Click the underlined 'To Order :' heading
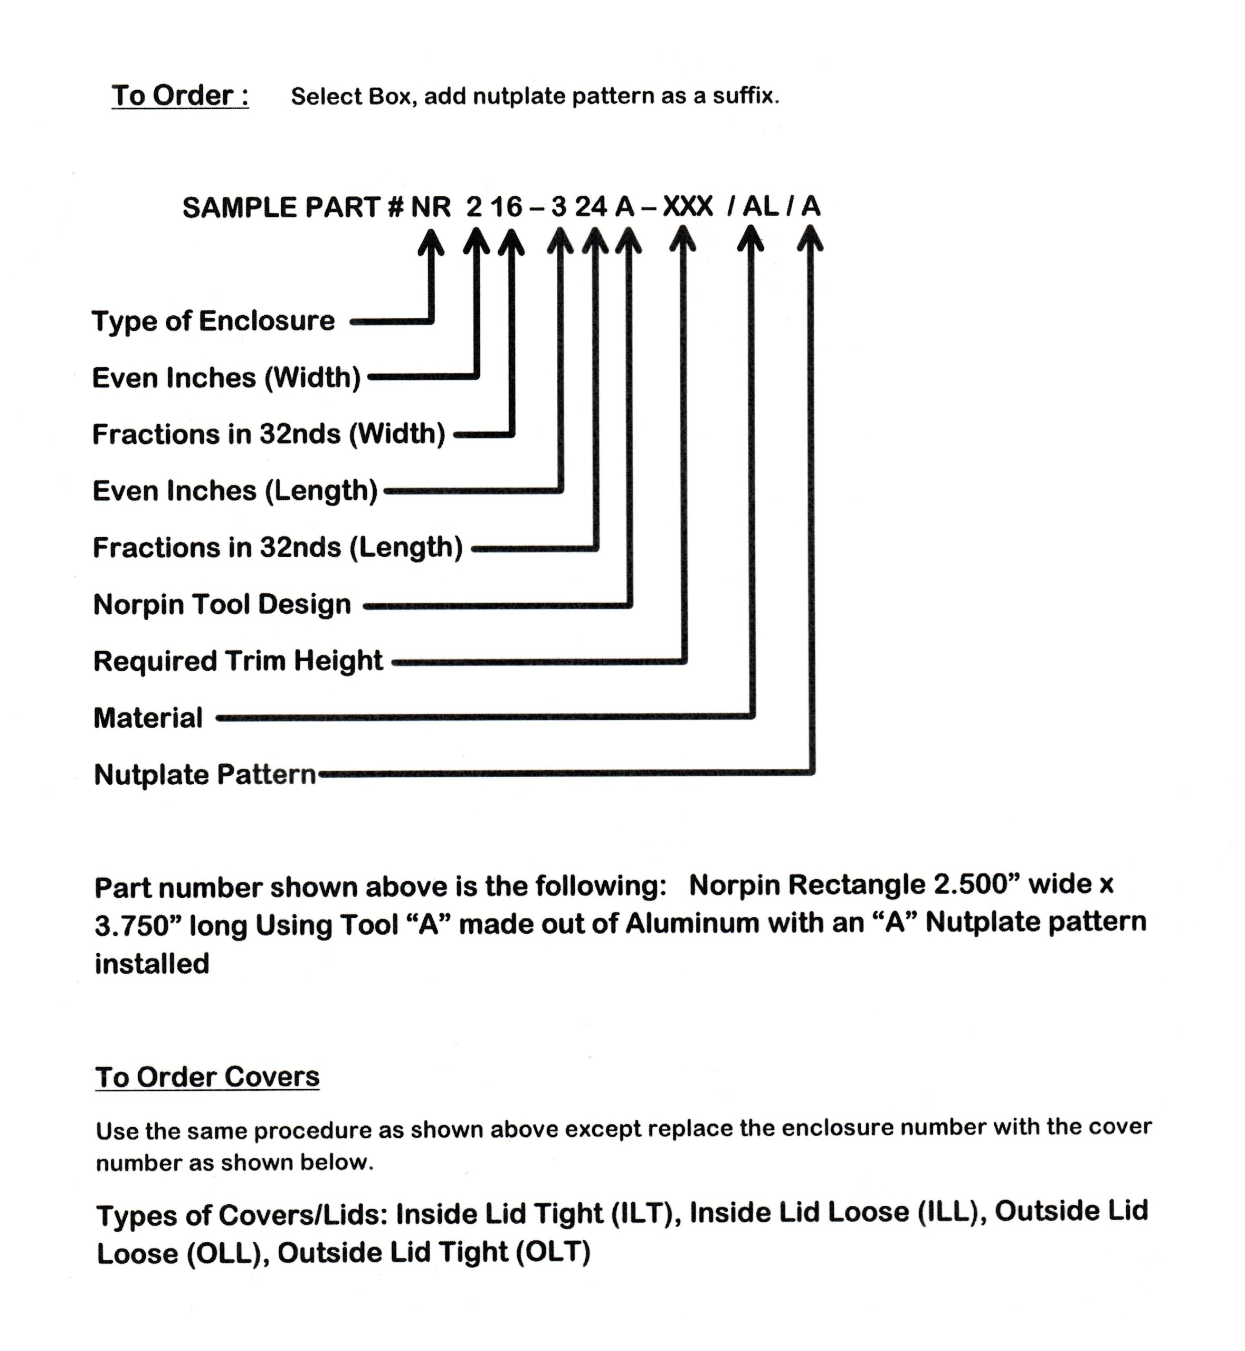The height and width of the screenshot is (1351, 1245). (x=180, y=96)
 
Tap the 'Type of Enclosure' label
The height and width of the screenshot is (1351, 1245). (x=213, y=321)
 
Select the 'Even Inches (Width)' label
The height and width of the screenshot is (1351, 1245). (x=226, y=378)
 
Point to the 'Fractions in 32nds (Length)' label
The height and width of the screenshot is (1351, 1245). (x=278, y=548)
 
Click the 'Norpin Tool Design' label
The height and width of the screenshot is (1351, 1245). (x=222, y=605)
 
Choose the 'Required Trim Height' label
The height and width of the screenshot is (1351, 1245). (x=238, y=661)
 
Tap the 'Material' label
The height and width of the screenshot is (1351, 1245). (x=148, y=718)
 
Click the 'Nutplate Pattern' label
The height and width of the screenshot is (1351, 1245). (x=205, y=775)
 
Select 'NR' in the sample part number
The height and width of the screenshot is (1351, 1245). (x=431, y=207)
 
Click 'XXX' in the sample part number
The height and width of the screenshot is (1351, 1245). (x=687, y=207)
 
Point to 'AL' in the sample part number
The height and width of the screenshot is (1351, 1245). (x=761, y=207)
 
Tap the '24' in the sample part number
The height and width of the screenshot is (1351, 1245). (x=591, y=207)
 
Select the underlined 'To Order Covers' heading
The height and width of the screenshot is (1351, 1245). (x=207, y=1077)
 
